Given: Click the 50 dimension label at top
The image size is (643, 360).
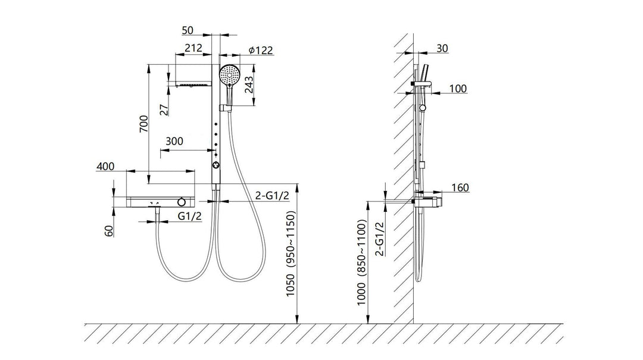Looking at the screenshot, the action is click(x=187, y=30).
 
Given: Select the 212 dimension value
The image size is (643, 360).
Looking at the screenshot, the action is click(x=193, y=48).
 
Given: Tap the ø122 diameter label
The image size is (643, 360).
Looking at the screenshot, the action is click(x=261, y=50).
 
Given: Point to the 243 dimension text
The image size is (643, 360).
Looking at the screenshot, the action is click(x=249, y=85).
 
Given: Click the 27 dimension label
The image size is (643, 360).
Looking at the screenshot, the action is click(x=164, y=110).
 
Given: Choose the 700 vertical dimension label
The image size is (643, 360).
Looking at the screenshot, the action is click(x=143, y=124).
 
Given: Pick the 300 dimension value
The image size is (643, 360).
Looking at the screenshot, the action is click(x=174, y=142).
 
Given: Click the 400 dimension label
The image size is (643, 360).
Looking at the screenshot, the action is click(x=105, y=167).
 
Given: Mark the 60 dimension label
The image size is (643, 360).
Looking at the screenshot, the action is click(x=109, y=231).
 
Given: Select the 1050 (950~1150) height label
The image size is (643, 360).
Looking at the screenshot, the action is click(x=291, y=253).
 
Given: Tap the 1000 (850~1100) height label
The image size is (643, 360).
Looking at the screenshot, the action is click(x=361, y=262).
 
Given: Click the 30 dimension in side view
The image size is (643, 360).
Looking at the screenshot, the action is click(x=442, y=48).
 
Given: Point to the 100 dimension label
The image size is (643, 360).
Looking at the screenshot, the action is click(x=458, y=89).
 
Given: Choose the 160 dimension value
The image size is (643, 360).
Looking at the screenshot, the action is click(x=460, y=187).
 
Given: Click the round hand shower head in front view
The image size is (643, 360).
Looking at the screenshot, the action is click(x=230, y=75).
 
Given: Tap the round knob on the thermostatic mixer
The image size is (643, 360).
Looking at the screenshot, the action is click(x=182, y=202).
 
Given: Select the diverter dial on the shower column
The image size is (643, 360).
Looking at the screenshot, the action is click(x=216, y=165).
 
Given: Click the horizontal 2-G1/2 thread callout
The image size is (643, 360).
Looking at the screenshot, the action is click(x=272, y=196).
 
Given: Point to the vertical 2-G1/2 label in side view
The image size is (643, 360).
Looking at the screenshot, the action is click(x=380, y=239).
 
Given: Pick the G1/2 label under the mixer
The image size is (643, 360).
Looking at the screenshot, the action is click(x=190, y=216).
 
